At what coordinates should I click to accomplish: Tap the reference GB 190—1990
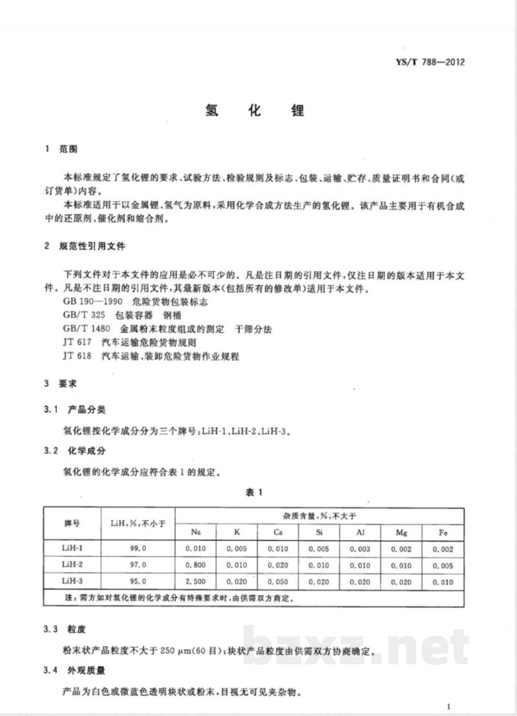tap(88, 302)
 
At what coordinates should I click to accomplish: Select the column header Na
tap(195, 533)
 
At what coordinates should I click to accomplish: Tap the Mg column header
tap(401, 533)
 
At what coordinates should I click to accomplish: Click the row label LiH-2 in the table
tap(70, 565)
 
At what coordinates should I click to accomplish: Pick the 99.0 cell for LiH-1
tap(138, 549)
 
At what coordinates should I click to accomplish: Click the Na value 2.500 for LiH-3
tap(195, 581)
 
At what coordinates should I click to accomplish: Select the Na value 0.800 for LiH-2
tap(195, 565)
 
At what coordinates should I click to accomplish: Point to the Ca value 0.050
tap(277, 581)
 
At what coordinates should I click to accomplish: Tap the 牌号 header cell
tap(70, 524)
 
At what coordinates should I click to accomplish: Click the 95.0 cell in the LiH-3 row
tap(138, 581)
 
